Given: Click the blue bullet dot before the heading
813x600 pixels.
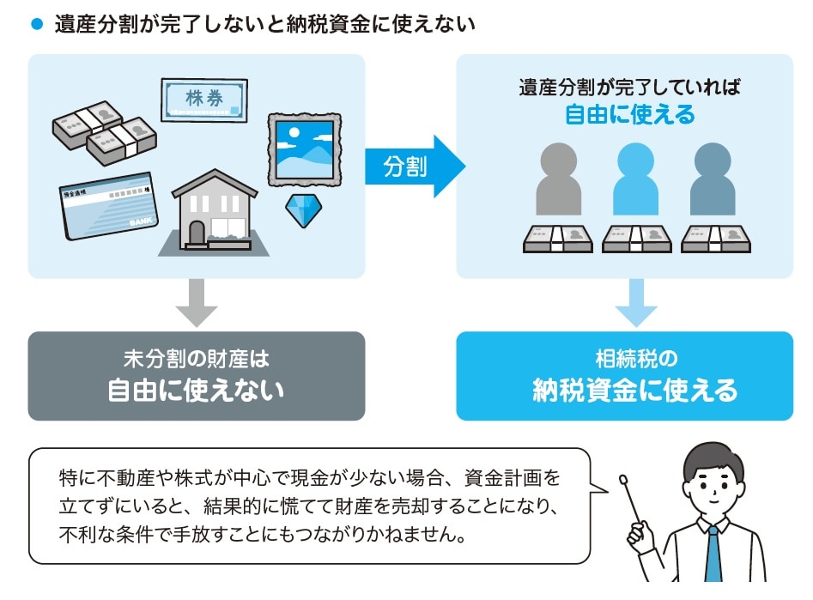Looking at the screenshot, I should [x=36, y=25].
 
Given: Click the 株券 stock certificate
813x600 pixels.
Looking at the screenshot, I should [x=204, y=100].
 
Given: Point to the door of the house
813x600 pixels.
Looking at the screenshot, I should [x=197, y=233].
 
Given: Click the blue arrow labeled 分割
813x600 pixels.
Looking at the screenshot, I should [x=412, y=166].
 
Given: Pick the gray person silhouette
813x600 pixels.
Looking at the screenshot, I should [x=558, y=180].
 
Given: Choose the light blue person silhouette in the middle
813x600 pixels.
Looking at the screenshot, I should [x=636, y=180].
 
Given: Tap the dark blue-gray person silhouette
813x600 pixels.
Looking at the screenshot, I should [x=714, y=180].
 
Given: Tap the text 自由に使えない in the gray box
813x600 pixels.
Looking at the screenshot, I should [x=196, y=391].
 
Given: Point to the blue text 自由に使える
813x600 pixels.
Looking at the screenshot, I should [x=629, y=114].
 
